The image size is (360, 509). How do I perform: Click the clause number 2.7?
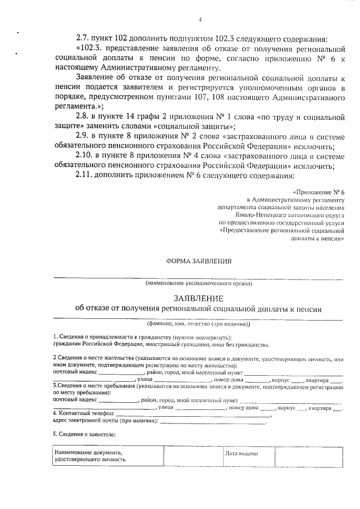point(83,38)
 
